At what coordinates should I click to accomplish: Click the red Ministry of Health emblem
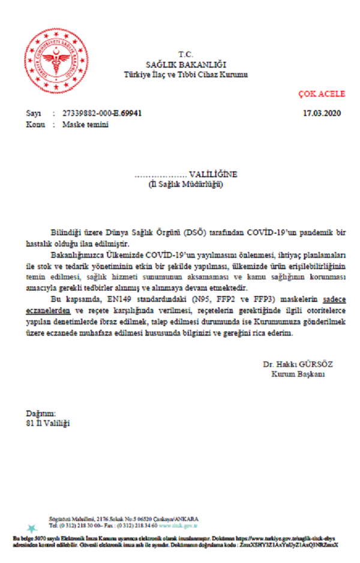(x=54, y=57)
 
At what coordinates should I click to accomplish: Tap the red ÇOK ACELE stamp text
(x=322, y=95)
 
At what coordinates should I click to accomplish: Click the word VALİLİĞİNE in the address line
(x=209, y=174)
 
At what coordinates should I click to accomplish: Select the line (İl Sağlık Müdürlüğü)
(x=186, y=185)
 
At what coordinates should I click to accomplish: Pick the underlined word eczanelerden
(x=46, y=311)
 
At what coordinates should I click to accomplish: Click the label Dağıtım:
(x=40, y=414)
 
